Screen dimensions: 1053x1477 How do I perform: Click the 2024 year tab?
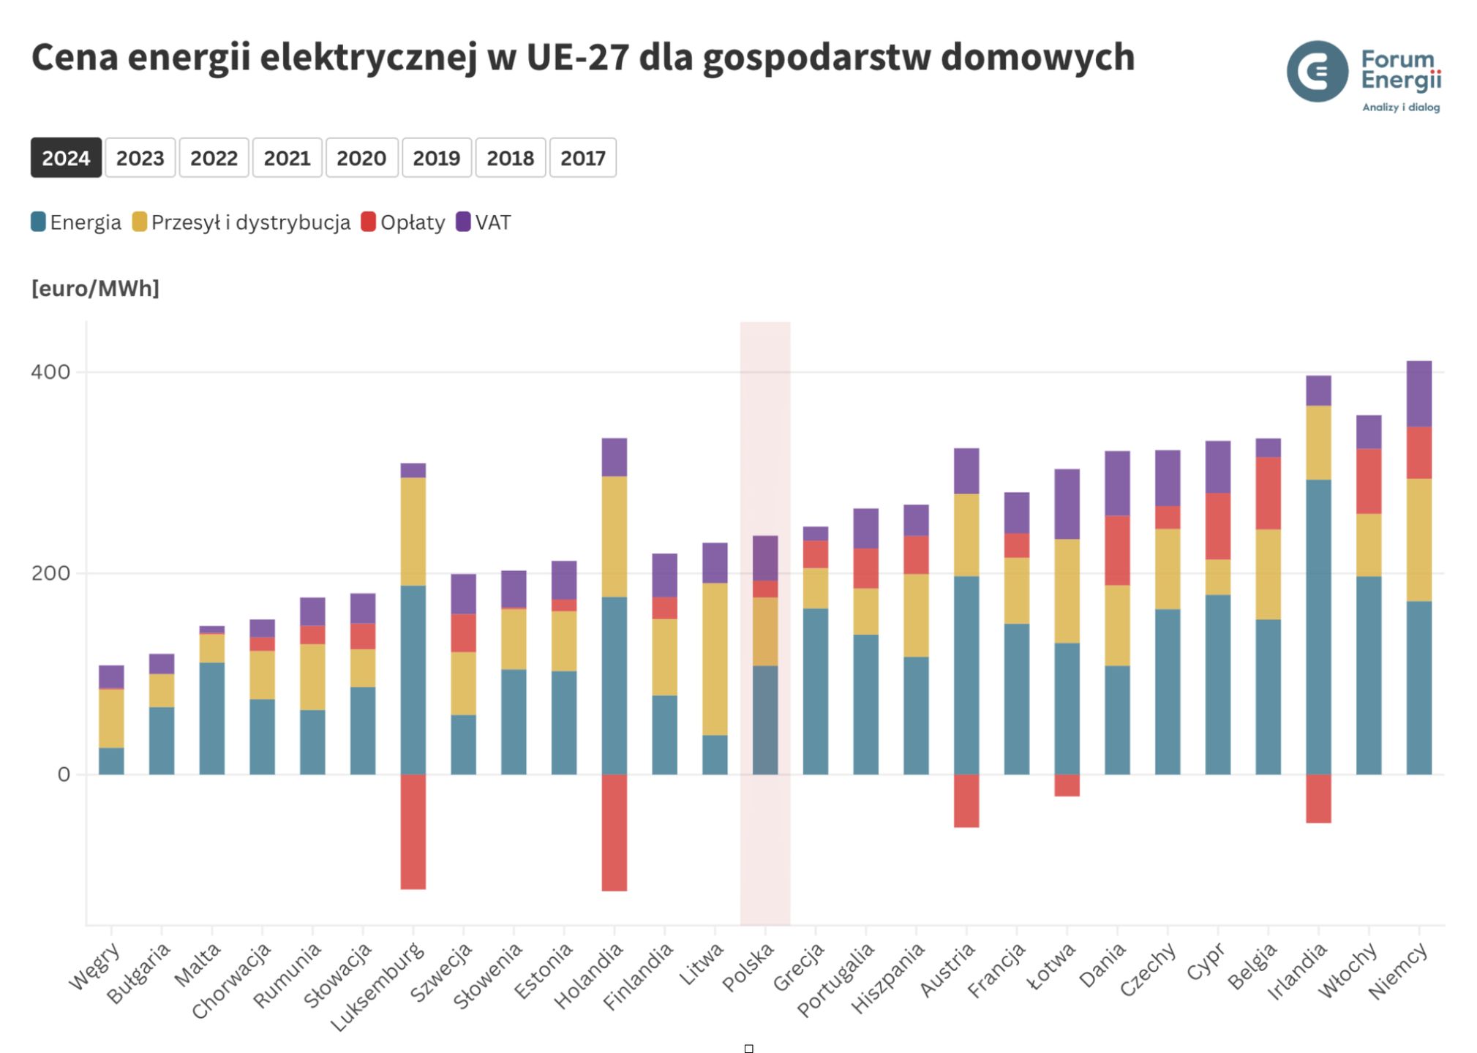coord(66,158)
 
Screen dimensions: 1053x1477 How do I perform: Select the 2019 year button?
coord(436,158)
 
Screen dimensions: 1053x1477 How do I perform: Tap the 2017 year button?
coord(582,158)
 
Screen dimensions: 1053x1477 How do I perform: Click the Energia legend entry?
coord(76,222)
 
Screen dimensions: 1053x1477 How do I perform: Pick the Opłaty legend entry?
coord(403,222)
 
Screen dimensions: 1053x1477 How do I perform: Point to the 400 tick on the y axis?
coord(50,372)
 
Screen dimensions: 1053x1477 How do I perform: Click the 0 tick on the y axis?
coord(64,774)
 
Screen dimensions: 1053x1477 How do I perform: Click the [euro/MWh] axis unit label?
coord(95,289)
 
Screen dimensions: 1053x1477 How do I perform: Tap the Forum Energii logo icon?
coord(1317,72)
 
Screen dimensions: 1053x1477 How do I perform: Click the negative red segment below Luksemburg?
coord(413,831)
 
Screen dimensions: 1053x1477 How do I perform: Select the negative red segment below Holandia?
coord(614,832)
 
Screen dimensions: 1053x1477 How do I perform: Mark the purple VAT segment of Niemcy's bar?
coord(1418,393)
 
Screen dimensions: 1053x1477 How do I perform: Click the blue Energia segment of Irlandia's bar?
coord(1318,626)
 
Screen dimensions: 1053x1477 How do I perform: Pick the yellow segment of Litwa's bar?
coord(715,658)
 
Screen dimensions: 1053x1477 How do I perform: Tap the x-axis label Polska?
coord(748,967)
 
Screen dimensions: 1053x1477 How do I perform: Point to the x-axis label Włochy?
coord(1348,970)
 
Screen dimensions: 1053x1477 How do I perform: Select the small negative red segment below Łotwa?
coord(1067,785)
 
